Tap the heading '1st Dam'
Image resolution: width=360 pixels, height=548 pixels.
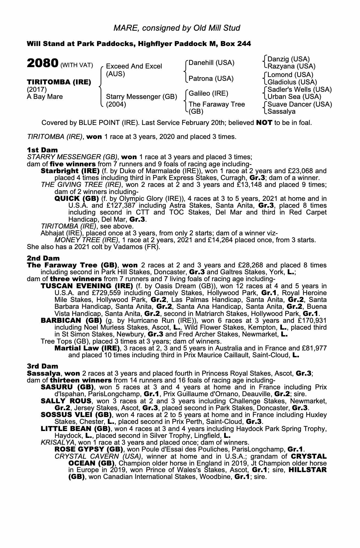[42, 150]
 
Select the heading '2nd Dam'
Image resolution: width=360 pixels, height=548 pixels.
[43, 258]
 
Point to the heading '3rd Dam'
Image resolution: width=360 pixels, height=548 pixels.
[43, 366]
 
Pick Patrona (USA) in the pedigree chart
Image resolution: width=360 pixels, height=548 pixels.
[211, 79]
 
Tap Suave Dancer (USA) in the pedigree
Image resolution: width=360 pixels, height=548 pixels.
[300, 104]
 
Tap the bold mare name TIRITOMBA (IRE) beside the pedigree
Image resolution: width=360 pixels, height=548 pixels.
[59, 82]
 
